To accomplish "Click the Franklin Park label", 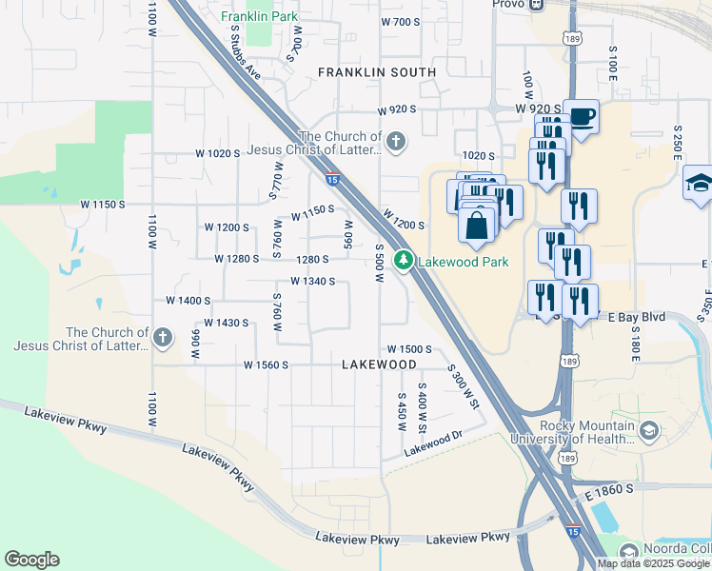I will coord(259,16).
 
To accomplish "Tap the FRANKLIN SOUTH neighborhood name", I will coord(377,72).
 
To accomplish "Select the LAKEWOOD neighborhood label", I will coord(379,364).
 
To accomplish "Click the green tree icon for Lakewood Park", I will coord(405,260).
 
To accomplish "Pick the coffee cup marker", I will coord(582,118).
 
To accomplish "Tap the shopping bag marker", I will coord(478,226).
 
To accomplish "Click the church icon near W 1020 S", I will coord(396,143).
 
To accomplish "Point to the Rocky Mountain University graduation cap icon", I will coord(649,431).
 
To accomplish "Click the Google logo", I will coord(31,560).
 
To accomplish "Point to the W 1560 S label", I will coord(266,364).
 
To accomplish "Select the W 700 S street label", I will coord(398,22).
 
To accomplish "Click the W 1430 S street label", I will coord(227,323).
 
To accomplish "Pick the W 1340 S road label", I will coord(312,281).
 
